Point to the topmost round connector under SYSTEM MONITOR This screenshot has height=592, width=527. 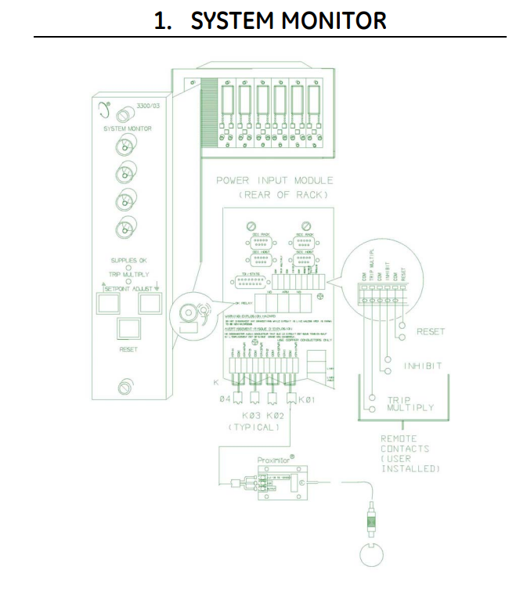pyautogui.click(x=123, y=146)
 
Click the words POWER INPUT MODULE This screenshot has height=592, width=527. pyautogui.click(x=276, y=181)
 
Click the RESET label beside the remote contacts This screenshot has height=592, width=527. pyautogui.click(x=430, y=332)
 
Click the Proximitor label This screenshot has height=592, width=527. pyautogui.click(x=276, y=460)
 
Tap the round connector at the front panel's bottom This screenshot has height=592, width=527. pyautogui.click(x=123, y=387)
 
